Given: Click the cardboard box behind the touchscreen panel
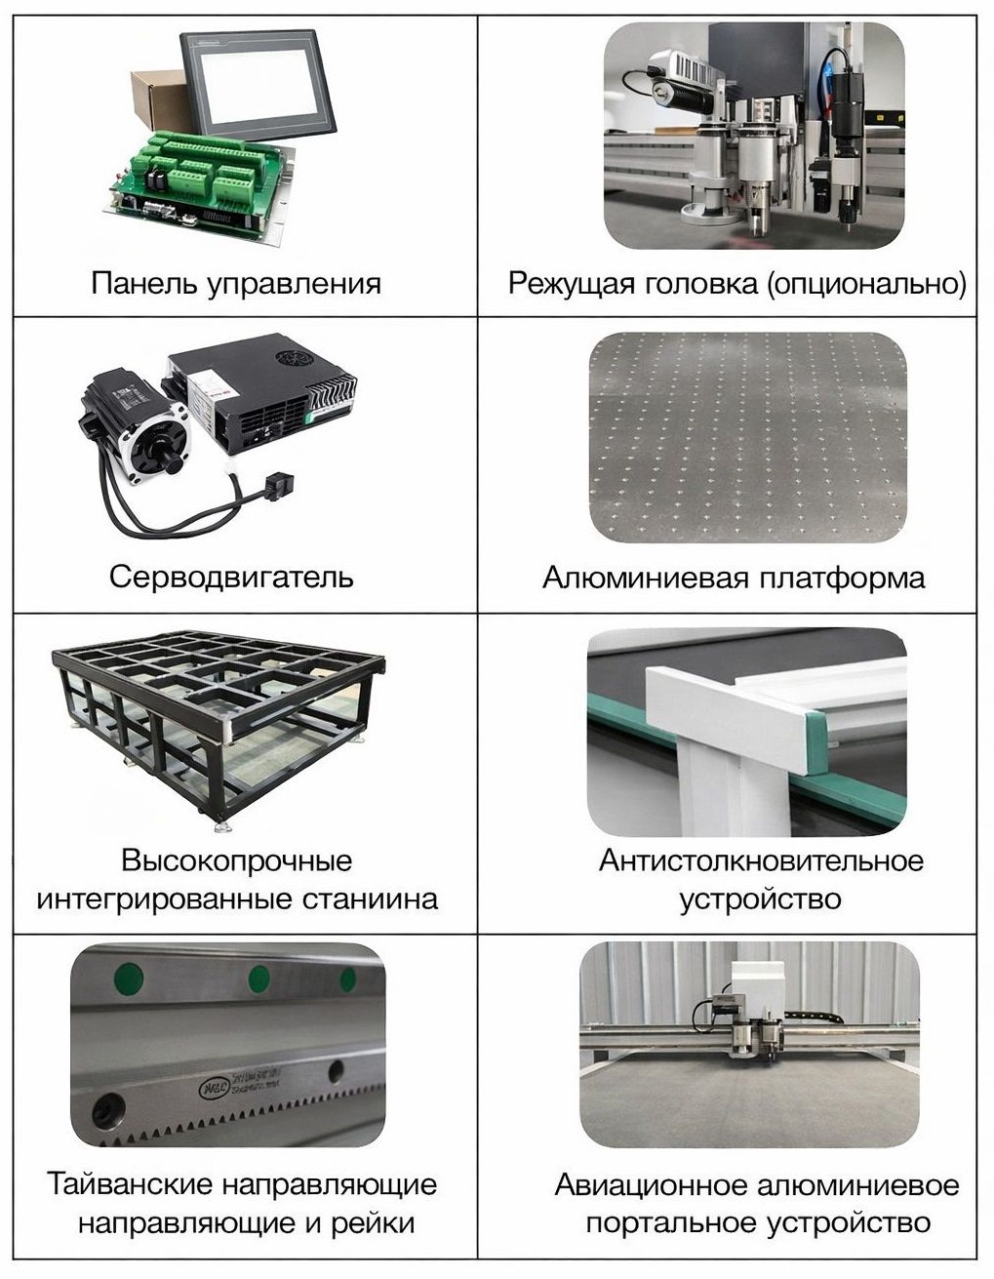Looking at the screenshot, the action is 154,99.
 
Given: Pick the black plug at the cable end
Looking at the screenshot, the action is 278,485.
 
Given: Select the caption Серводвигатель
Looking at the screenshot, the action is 231,577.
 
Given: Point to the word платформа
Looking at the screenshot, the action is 842,579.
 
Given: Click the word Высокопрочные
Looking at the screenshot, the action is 237,860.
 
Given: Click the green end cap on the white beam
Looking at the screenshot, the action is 816,741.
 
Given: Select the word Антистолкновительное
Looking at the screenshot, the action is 761,861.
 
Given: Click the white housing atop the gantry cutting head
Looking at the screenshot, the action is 757,988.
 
